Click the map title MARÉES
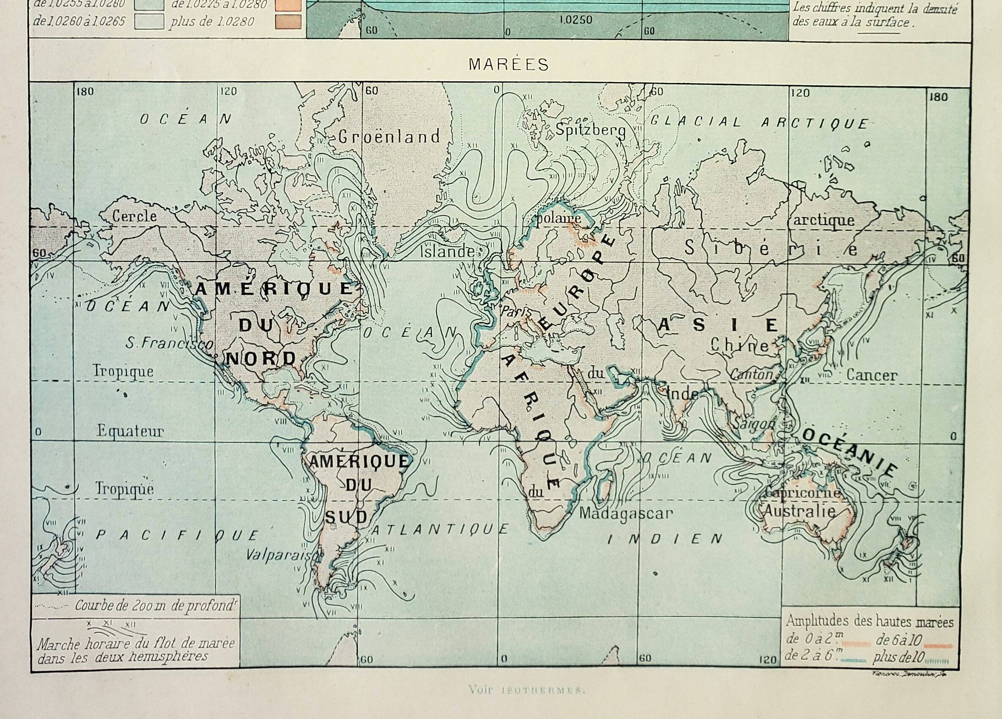click(x=509, y=65)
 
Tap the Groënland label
click(x=389, y=137)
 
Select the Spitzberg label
click(x=590, y=130)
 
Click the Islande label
click(x=446, y=252)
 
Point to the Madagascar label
click(x=626, y=513)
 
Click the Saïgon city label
click(x=754, y=423)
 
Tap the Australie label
click(x=799, y=511)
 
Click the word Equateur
click(x=130, y=431)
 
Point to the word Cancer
click(x=871, y=375)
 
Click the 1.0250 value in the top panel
click(x=575, y=20)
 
